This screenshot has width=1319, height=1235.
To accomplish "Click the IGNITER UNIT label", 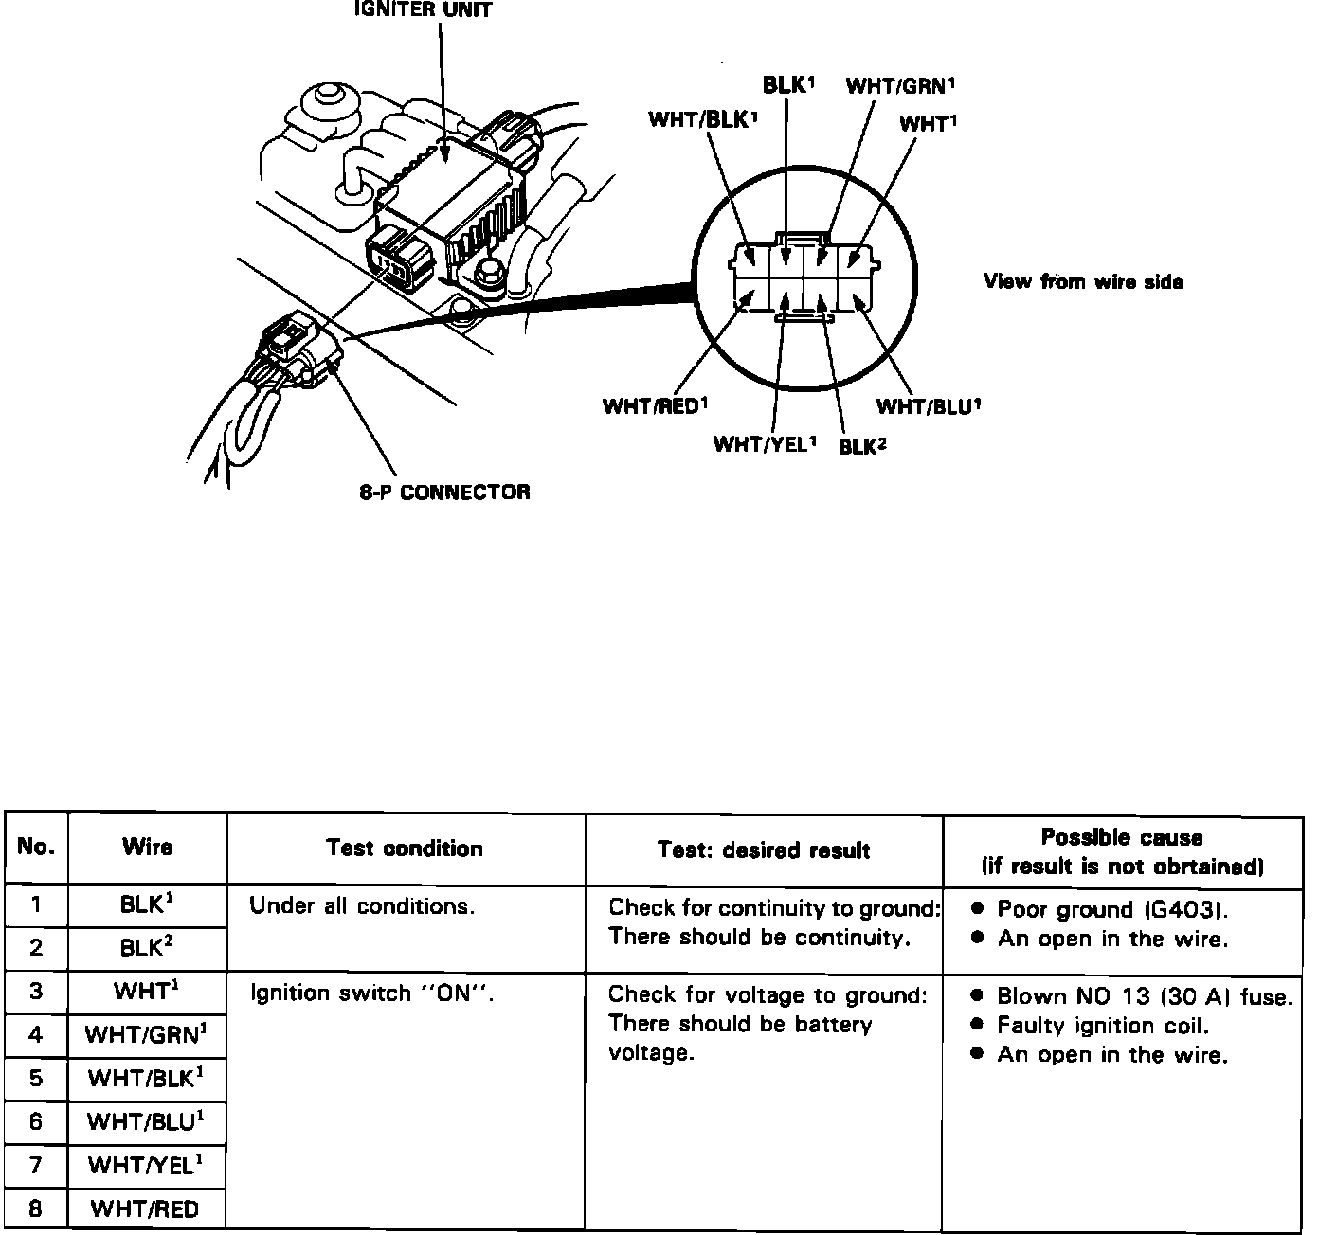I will click(x=423, y=11).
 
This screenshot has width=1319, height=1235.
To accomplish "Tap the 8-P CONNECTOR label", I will click(x=444, y=492).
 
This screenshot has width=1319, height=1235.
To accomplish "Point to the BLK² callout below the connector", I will click(x=862, y=446).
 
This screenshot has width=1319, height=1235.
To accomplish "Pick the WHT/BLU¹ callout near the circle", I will click(x=928, y=407).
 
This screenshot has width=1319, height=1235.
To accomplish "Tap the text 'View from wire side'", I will click(x=1083, y=281).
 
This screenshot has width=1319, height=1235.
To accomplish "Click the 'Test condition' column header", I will click(x=405, y=848).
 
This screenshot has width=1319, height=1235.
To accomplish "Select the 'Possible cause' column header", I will click(x=1122, y=850).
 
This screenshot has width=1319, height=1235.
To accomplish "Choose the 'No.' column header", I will click(x=36, y=848).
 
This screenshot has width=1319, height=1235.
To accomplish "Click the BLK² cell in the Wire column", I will click(x=147, y=948).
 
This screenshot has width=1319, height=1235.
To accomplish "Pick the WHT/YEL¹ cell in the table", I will click(x=147, y=1165).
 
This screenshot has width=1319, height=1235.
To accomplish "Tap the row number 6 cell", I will click(x=36, y=1121).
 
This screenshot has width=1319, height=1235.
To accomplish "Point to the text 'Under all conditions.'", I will click(x=361, y=906).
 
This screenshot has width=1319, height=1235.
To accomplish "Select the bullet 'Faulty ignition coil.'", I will click(x=1103, y=1026).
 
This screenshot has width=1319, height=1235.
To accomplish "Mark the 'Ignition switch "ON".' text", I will click(x=373, y=994).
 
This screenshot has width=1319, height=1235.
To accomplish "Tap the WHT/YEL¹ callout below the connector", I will click(x=765, y=444).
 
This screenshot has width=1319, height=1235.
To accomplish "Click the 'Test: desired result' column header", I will click(x=764, y=850).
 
